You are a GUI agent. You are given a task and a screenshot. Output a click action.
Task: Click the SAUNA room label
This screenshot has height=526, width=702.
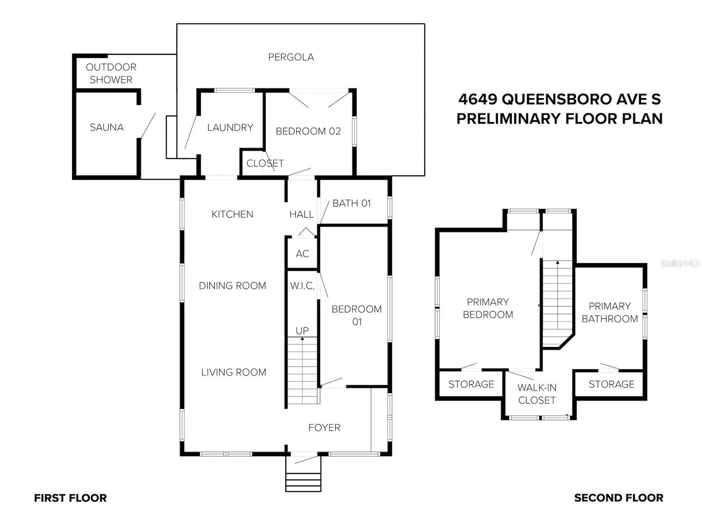pyautogui.click(x=107, y=128)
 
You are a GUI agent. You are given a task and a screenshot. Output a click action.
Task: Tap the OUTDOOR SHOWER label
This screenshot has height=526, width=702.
pyautogui.click(x=111, y=73)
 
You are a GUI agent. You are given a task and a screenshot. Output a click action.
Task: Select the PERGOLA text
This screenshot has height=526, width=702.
pyautogui.click(x=291, y=57)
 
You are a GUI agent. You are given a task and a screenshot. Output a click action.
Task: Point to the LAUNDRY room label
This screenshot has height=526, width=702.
pyautogui.click(x=230, y=128)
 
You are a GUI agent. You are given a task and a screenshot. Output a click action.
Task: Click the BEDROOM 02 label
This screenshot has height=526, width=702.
pyautogui.click(x=308, y=131)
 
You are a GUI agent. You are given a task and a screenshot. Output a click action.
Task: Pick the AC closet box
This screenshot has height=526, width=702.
pyautogui.click(x=302, y=253)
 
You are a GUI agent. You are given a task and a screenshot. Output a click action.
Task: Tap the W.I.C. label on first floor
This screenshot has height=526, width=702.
pyautogui.click(x=302, y=286)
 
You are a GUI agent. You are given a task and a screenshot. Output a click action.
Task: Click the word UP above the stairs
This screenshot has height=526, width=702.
pyautogui.click(x=302, y=331)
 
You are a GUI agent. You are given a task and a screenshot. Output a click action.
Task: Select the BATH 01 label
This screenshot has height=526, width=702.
pyautogui.click(x=351, y=203)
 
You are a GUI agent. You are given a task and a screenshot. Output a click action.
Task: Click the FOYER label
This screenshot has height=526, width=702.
pyautogui.click(x=324, y=427)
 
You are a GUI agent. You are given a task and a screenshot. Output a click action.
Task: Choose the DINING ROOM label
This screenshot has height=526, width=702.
pyautogui.click(x=232, y=286)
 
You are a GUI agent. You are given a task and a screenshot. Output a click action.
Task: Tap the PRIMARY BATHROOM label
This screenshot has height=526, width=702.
pyautogui.click(x=609, y=313)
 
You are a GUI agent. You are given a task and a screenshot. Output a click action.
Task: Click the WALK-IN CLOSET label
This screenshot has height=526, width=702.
pyautogui.click(x=537, y=394)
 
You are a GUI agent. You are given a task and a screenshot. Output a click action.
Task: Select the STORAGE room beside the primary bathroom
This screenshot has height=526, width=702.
pyautogui.click(x=611, y=384)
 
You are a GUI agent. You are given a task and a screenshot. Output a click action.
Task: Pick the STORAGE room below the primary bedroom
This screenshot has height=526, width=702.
pyautogui.click(x=471, y=384)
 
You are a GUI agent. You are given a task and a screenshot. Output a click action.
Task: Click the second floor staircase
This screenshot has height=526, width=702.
pyautogui.click(x=558, y=298)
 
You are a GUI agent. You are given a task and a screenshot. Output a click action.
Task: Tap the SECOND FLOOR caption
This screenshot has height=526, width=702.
pyautogui.click(x=618, y=498)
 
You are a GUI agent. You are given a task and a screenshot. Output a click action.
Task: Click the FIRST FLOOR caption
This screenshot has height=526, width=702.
pyautogui.click(x=70, y=498)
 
